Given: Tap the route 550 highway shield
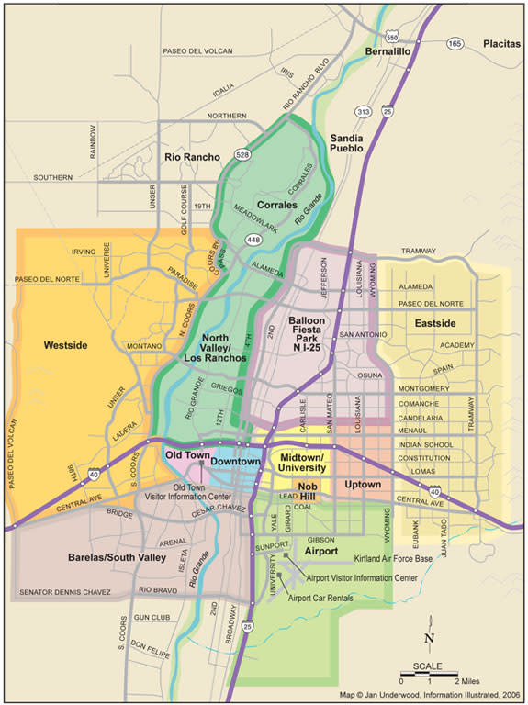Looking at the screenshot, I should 392,36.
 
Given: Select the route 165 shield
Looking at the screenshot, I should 453,43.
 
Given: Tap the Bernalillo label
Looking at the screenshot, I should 386,53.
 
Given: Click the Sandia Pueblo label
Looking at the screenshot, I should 346,142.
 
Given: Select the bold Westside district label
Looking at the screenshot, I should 65,345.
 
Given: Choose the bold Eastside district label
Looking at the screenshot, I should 434,323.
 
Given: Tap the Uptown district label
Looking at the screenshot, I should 363,484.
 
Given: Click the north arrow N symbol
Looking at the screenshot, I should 429,638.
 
